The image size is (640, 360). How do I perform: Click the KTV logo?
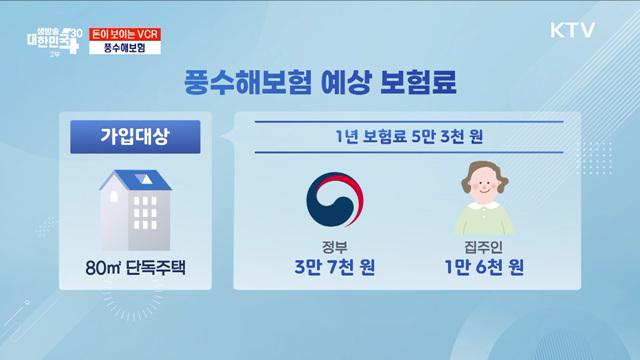(x=571, y=30)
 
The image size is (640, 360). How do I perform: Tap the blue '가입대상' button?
(x=134, y=137)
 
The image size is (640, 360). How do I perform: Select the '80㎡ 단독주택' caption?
(x=135, y=268)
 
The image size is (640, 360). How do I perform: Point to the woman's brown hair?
(x=484, y=172)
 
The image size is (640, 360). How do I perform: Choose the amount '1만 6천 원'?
(x=484, y=269)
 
